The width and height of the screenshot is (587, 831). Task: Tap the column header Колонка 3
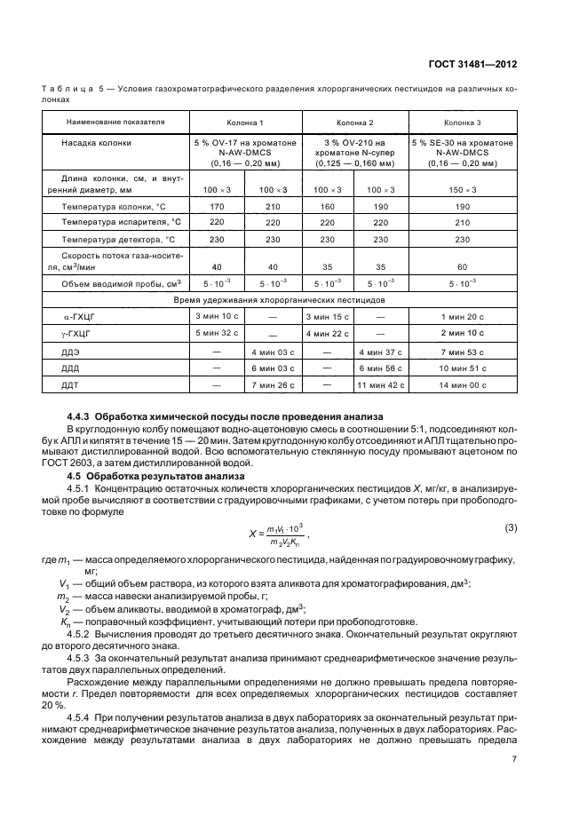point(463,122)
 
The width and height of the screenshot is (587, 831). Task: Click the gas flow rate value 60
point(463,266)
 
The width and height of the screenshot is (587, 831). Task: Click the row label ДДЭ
point(71,352)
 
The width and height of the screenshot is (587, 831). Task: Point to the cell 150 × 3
point(463,190)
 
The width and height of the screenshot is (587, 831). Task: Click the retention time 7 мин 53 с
point(463,352)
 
